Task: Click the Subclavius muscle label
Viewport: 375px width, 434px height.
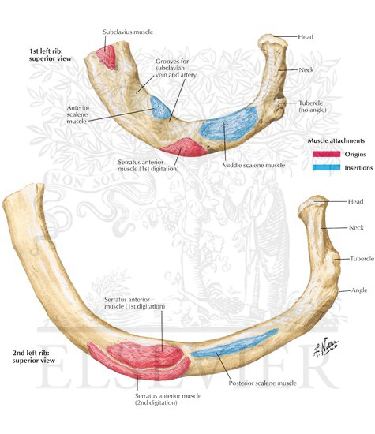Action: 128,32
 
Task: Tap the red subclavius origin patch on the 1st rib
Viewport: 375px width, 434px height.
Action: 106,57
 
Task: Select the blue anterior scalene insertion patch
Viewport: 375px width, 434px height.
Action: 159,107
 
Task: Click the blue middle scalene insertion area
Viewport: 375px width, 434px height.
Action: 229,124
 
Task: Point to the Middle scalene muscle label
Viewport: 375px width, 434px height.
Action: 253,165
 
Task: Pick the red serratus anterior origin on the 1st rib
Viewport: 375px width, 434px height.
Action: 184,147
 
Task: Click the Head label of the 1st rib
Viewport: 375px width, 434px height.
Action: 306,37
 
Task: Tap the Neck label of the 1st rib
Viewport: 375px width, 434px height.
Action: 306,70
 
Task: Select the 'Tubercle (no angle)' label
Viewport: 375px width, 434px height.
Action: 312,107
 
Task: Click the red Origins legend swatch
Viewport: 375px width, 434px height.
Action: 327,154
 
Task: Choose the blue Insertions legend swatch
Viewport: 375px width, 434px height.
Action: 327,167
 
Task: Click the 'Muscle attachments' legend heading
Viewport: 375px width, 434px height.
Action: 336,140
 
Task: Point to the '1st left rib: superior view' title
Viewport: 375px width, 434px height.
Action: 51,54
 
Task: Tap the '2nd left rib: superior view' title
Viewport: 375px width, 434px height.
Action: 34,357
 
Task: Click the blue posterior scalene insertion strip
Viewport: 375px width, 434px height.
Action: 234,342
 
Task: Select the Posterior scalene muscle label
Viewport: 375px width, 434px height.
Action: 263,383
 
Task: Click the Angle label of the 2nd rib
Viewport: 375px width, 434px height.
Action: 359,290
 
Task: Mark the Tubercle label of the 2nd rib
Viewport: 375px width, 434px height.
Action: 362,259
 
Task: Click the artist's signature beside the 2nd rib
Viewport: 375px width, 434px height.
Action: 326,347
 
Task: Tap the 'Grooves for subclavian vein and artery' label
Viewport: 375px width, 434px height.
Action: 176,68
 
